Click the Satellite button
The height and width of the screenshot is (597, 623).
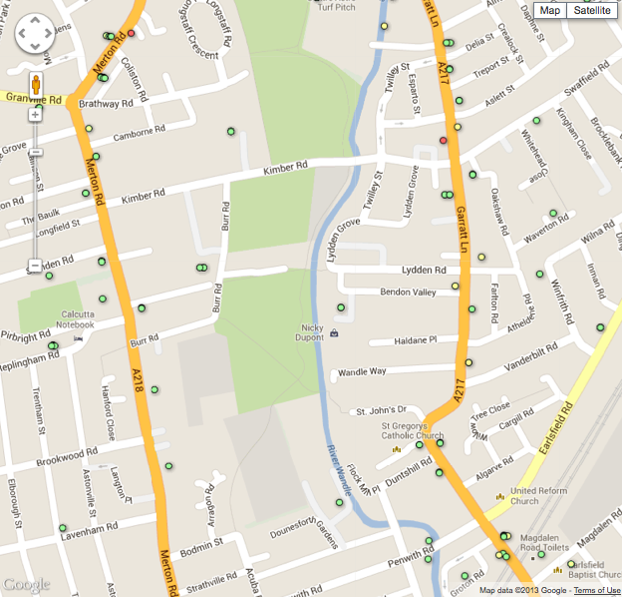[x=592, y=10]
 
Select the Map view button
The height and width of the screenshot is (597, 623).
[x=549, y=10]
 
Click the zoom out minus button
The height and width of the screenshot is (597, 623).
[x=35, y=266]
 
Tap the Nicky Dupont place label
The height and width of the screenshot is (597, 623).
[x=313, y=332]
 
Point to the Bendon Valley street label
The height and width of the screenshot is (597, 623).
[x=409, y=292]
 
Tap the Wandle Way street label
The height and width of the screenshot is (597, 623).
[x=361, y=371]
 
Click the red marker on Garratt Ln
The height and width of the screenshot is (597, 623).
[x=444, y=140]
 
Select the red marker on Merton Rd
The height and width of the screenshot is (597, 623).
[x=131, y=33]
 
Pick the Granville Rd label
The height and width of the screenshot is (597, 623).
[x=32, y=99]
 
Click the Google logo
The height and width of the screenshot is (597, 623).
[x=27, y=584]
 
